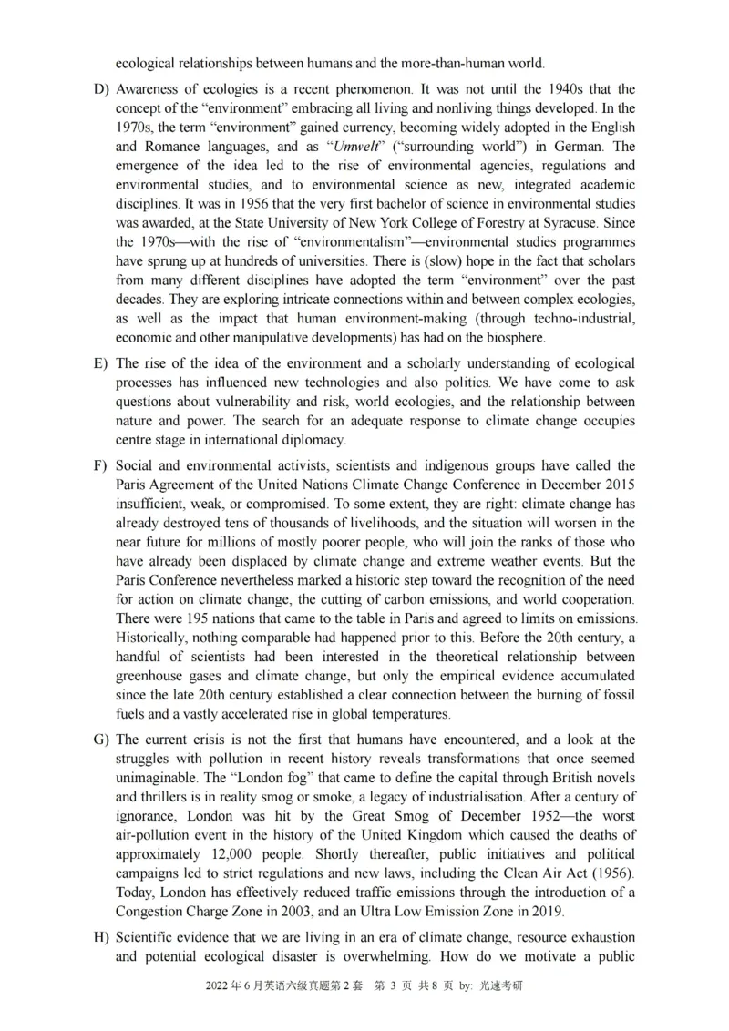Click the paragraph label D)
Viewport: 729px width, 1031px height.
coord(100,89)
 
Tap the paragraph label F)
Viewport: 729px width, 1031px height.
coord(100,466)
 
